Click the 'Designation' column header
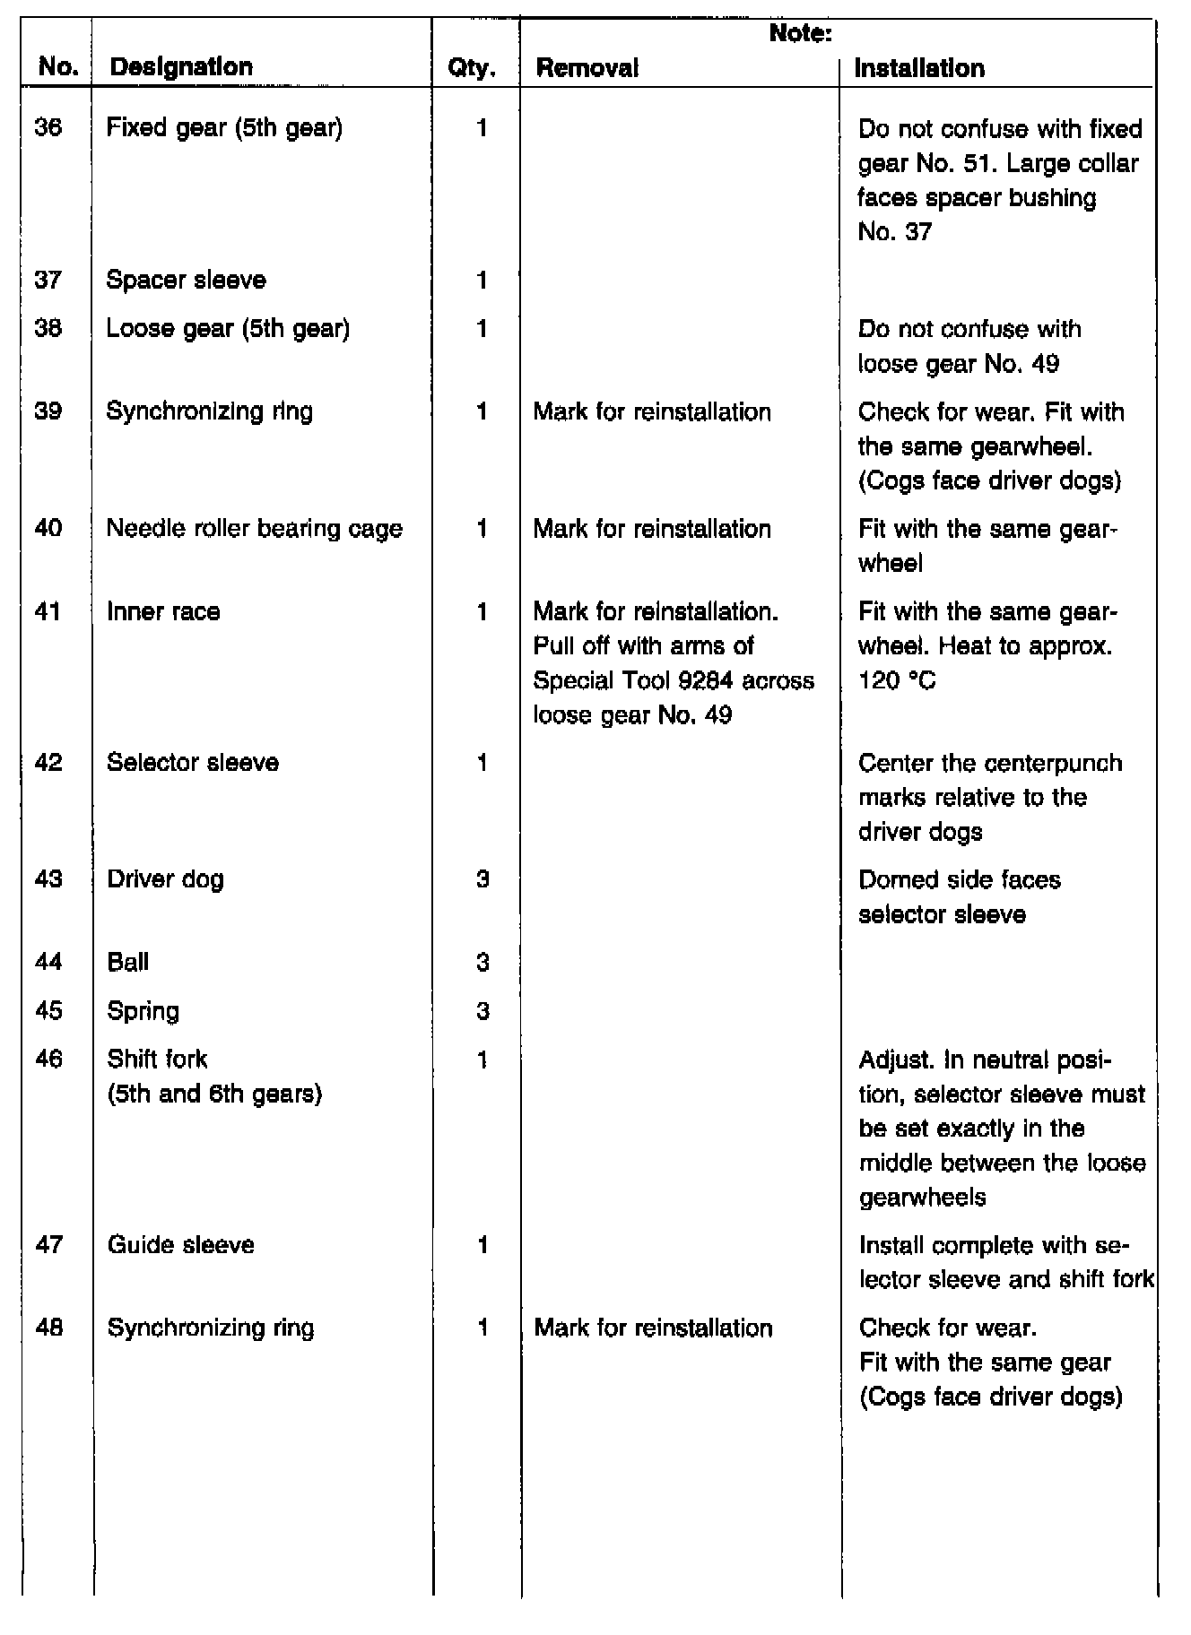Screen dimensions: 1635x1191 (x=180, y=67)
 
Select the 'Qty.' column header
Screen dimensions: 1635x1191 (x=472, y=68)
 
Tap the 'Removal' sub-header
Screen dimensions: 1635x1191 (x=587, y=68)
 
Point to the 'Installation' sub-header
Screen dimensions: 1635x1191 (x=919, y=68)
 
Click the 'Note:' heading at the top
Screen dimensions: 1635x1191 (x=801, y=34)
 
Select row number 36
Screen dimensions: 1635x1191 (x=48, y=127)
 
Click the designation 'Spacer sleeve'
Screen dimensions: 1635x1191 (x=186, y=281)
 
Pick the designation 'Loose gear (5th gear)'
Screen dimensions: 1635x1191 (x=228, y=329)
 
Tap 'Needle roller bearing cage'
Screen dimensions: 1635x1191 (x=254, y=529)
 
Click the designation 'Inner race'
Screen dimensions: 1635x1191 (x=163, y=612)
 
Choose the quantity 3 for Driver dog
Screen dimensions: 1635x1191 (x=482, y=879)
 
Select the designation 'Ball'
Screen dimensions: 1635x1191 (x=127, y=963)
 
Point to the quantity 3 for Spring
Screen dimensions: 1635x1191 (x=482, y=1011)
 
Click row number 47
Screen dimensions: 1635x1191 (x=48, y=1245)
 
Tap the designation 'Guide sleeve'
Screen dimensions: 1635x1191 (x=180, y=1245)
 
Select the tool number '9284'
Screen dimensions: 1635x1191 (x=708, y=681)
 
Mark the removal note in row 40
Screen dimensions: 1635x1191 (x=652, y=529)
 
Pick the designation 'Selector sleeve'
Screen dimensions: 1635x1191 (x=192, y=763)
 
